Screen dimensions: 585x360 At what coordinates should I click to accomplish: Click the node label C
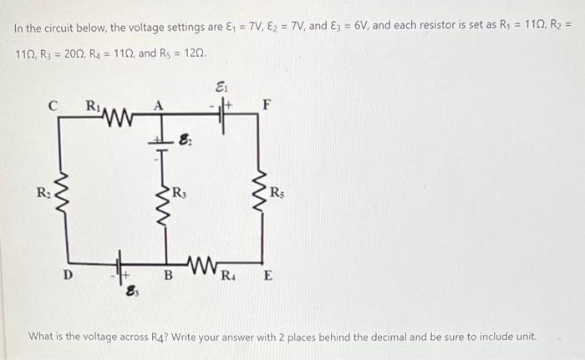pos(53,106)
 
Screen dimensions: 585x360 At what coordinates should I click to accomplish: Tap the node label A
pos(159,106)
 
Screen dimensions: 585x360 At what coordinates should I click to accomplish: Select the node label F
pos(267,105)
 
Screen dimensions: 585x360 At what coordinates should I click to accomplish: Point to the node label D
pos(68,275)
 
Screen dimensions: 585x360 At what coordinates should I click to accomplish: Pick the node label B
pos(169,276)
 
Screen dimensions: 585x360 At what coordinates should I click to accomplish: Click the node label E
pos(268,276)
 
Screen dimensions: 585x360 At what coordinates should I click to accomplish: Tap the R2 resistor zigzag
pos(63,194)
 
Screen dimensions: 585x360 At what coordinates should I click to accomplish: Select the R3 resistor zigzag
pos(164,206)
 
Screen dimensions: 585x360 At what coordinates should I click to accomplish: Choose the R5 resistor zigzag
pos(261,191)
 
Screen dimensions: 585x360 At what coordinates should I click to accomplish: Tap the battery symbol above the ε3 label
pos(120,267)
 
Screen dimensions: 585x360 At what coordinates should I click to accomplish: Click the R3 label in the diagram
pos(180,193)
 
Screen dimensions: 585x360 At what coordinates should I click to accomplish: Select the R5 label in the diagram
pos(277,192)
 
